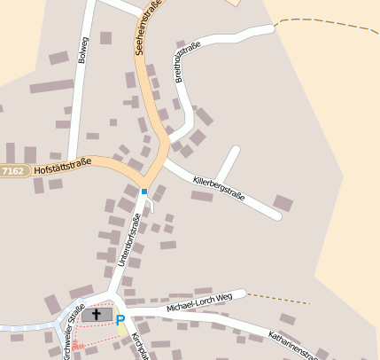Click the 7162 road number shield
click(x=13, y=169)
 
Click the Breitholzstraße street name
click(x=188, y=61)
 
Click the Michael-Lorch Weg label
click(x=198, y=301)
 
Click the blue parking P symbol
click(x=120, y=319)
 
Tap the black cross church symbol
click(x=97, y=315)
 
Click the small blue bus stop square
click(x=143, y=191)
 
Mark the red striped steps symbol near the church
click(x=76, y=346)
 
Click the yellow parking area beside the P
click(x=123, y=330)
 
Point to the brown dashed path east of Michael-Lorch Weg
click(x=278, y=298)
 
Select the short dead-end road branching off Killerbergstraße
click(x=228, y=164)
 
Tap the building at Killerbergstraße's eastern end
click(x=283, y=203)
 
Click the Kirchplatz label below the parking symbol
click(x=138, y=347)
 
